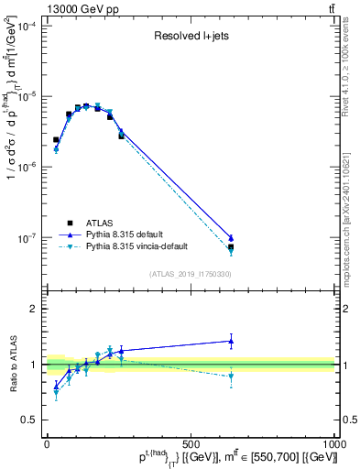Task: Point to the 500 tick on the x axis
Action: tap(191, 442)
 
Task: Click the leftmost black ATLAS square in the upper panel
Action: tap(56, 140)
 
